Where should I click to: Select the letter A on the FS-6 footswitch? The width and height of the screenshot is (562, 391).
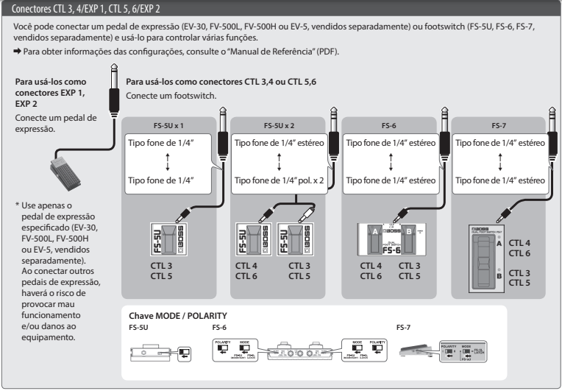pyautogui.click(x=375, y=230)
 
